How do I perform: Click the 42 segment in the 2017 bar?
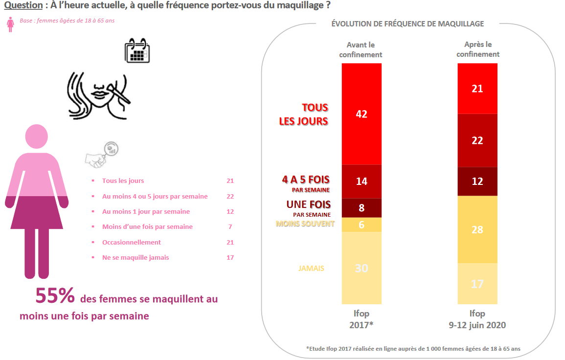362,114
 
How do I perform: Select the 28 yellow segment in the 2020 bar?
477,229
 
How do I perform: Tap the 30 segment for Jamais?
362,268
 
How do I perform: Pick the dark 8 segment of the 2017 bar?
362,207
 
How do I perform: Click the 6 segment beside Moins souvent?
362,225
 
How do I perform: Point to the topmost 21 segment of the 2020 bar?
477,89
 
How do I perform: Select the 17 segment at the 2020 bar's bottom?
477,284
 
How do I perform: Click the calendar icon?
137,50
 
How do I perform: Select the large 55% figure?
55,295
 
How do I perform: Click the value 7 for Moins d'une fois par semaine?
230,227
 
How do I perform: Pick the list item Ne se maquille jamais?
136,258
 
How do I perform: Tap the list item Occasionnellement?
131,242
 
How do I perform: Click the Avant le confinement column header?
361,50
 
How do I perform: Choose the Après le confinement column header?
477,50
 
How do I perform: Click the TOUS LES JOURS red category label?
303,114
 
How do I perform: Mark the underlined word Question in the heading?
23,5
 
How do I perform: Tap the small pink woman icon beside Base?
10,24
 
